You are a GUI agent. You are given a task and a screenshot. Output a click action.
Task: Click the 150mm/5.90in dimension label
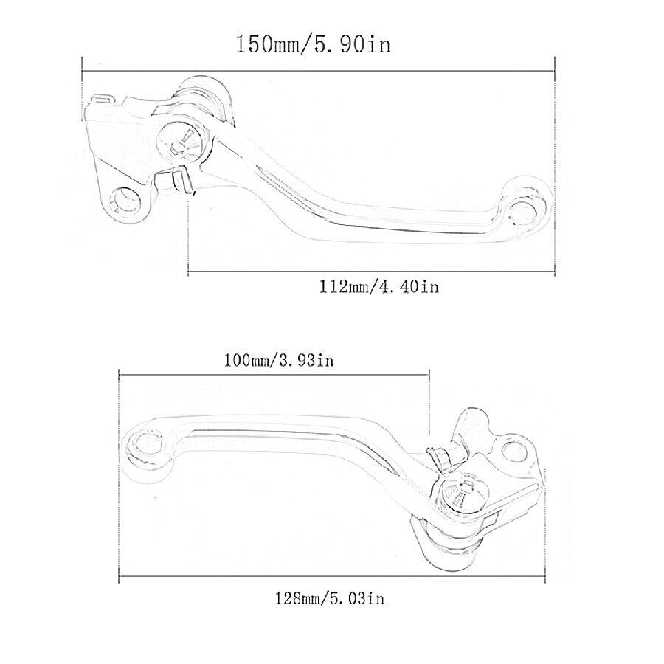tap(313, 44)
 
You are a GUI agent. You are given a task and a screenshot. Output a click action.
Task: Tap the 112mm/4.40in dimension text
tap(379, 287)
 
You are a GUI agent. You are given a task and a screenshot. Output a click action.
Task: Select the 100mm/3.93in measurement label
tap(279, 360)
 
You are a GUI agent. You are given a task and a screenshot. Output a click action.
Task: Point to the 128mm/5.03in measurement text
tap(330, 598)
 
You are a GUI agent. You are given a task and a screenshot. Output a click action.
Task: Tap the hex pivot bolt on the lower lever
tap(465, 494)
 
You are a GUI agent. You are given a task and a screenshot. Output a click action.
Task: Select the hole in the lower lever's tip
tap(148, 445)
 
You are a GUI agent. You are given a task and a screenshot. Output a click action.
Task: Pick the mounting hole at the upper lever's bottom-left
tap(125, 200)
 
